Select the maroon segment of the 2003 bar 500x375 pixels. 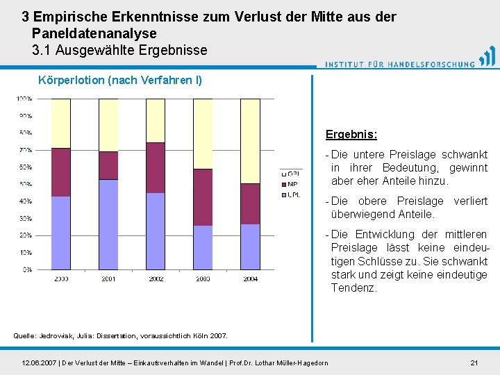coord(203,197)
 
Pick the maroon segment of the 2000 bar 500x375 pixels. coord(61,172)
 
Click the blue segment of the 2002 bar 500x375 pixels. coord(156,231)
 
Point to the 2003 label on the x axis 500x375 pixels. coord(203,279)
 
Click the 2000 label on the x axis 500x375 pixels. coord(61,279)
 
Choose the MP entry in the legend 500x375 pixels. coord(292,184)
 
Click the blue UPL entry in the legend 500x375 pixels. coord(292,195)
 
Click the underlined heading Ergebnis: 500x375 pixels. coord(351,134)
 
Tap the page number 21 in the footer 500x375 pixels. coord(474,362)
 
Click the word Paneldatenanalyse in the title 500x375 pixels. coord(94,33)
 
